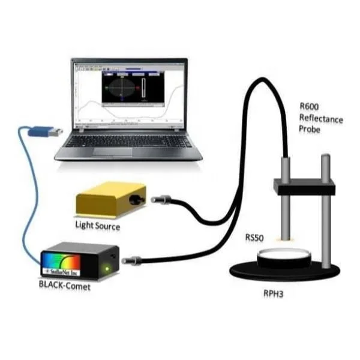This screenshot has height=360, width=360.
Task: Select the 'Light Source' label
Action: (x=97, y=226)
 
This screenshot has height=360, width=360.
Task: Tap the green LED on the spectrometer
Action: (x=107, y=268)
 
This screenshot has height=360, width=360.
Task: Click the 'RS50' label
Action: (x=254, y=238)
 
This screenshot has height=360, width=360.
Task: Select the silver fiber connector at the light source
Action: (x=160, y=199)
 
